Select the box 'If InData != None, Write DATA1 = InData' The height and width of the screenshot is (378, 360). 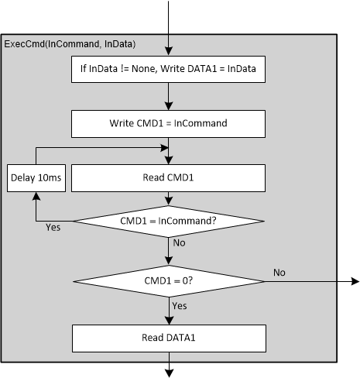pos(169,72)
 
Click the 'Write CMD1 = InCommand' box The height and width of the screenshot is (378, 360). pos(169,123)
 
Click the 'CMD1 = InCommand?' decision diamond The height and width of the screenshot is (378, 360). pos(169,221)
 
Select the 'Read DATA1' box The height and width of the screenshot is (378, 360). pos(169,338)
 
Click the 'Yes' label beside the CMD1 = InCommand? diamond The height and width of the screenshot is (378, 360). pos(54,228)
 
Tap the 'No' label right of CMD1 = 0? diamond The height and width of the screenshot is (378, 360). pos(280,273)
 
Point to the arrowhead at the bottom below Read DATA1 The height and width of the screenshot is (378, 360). pos(169,373)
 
